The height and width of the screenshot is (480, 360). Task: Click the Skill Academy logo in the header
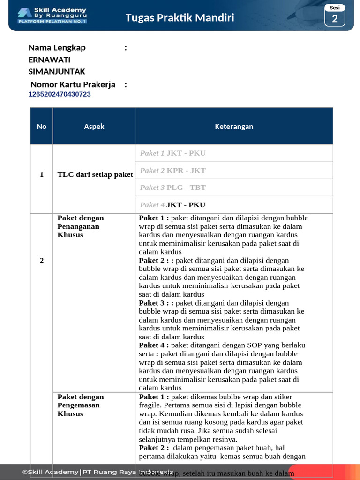point(52,15)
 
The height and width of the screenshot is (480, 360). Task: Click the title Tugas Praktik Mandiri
point(180,18)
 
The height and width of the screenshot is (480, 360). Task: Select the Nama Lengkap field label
point(57,47)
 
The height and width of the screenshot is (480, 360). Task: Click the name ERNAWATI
point(50,60)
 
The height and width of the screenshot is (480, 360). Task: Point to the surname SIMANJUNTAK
point(57,71)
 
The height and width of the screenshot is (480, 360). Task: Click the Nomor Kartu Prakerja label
point(73,84)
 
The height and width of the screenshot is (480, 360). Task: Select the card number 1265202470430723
point(60,94)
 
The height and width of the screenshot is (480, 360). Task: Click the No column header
point(42,126)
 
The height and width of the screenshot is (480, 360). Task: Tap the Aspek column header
point(94,126)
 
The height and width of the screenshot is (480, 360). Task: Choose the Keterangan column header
point(234,126)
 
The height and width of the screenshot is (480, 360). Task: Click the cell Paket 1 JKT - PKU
point(173,153)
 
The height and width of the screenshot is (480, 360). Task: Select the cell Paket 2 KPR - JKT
point(173,171)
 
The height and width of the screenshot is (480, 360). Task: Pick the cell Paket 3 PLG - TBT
point(173,187)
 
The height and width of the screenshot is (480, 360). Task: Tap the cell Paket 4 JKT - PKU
point(173,205)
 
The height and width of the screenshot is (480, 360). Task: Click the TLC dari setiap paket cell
point(95,174)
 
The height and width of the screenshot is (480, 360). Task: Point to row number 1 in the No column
point(42,174)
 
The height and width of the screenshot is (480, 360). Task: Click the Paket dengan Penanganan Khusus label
point(81,226)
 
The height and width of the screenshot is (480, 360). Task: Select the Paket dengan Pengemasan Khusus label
point(81,405)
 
